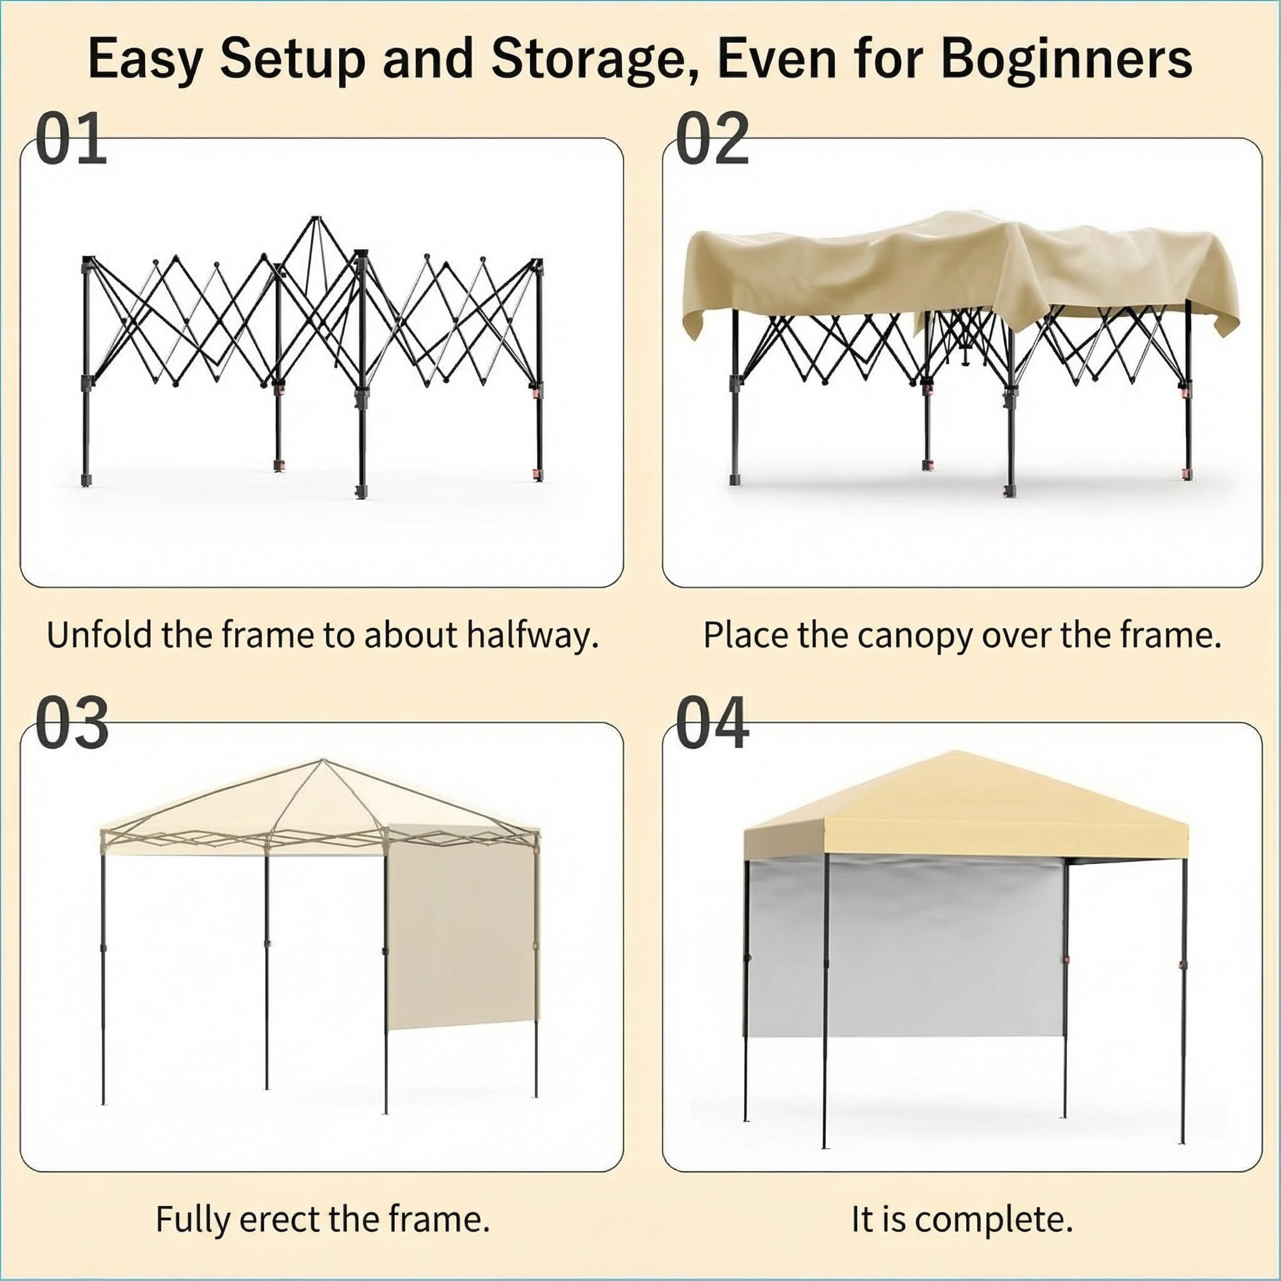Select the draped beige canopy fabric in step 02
(961, 272)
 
